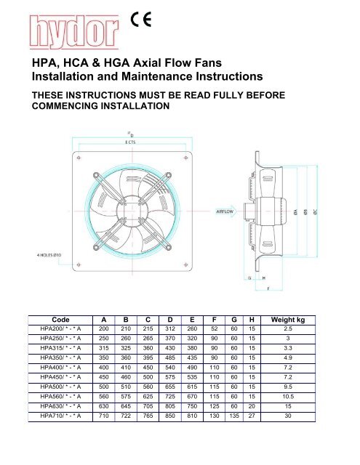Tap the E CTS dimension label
[x=130, y=143]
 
